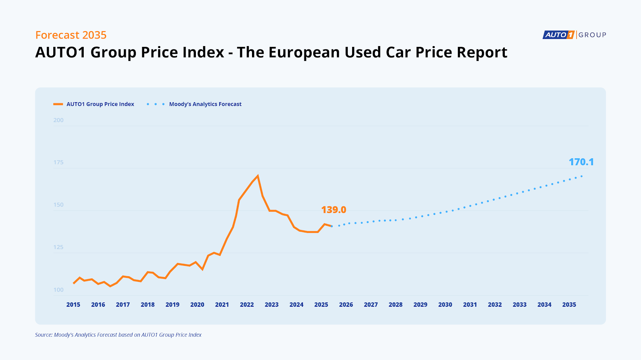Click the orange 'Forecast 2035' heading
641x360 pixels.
(71, 35)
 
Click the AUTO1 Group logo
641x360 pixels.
(574, 35)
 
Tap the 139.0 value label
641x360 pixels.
(333, 210)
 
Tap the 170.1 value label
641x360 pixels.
(581, 162)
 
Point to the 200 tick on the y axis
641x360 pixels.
(58, 120)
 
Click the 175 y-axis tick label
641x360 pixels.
(58, 162)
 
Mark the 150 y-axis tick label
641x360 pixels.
(58, 205)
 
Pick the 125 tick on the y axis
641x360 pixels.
(58, 247)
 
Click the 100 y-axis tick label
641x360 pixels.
(58, 290)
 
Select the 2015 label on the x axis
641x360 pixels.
(73, 305)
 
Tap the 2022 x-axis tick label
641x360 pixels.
(247, 305)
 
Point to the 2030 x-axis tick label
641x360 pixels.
(445, 305)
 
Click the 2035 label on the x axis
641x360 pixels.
(569, 305)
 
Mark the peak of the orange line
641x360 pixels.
(258, 176)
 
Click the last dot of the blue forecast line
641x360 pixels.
(581, 176)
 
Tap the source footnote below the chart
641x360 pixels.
(118, 335)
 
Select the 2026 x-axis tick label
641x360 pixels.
(346, 305)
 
